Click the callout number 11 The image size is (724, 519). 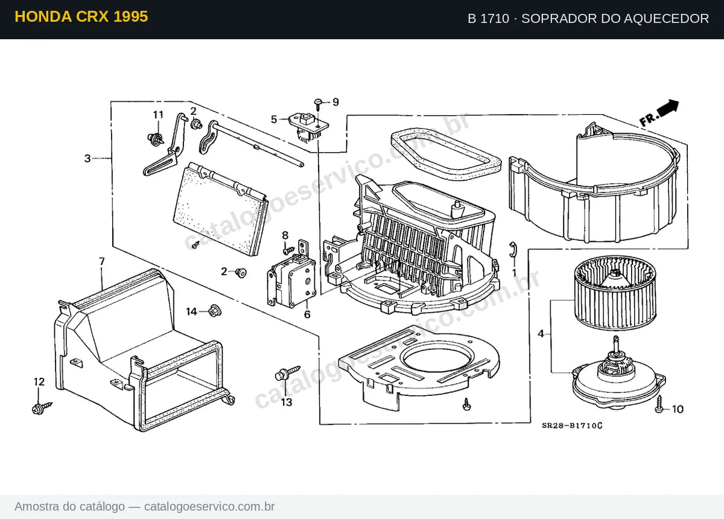tap(158, 115)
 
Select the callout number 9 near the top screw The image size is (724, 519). tap(336, 102)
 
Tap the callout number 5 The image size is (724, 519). tap(274, 119)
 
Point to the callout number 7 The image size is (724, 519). tap(102, 261)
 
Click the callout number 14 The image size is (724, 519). tap(191, 312)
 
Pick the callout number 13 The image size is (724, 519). tap(287, 403)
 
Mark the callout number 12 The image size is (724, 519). tap(39, 382)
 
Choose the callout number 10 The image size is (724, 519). tap(678, 409)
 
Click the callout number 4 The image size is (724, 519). tap(541, 334)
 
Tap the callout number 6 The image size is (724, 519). tap(307, 314)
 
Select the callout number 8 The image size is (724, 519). tap(285, 235)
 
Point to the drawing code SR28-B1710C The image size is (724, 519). tap(572, 426)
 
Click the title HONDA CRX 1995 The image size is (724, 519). tap(81, 17)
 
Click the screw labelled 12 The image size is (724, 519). tap(42, 408)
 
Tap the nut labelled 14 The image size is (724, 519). tap(215, 310)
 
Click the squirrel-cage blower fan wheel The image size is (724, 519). tap(615, 293)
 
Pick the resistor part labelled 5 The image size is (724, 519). tap(308, 127)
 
